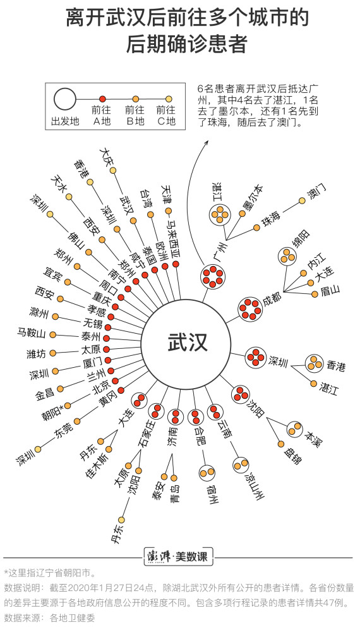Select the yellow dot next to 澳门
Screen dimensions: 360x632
coord(302,201)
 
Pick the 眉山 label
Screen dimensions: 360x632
coord(330,290)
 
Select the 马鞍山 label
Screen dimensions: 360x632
coord(32,333)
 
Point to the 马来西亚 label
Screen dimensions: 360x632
coord(174,242)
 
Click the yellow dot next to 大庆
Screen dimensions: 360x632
coord(113,171)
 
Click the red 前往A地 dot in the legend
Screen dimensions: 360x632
coord(102,99)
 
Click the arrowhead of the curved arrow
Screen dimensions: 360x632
coord(207,142)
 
